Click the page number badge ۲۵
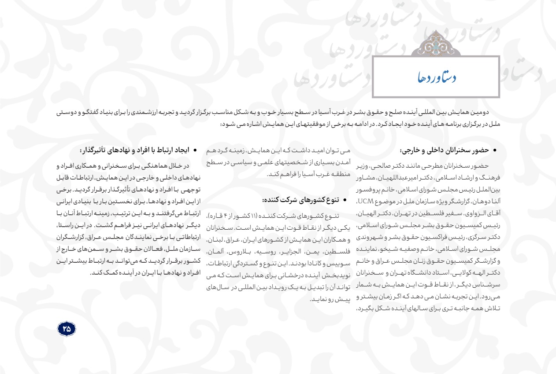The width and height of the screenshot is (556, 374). click(x=67, y=328)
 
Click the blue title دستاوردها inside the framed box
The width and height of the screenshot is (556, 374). click(x=437, y=78)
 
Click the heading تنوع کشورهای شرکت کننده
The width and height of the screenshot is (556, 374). click(x=301, y=200)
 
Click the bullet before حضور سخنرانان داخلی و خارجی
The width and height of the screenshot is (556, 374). click(x=494, y=150)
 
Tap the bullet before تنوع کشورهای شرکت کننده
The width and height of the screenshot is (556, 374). click(x=345, y=201)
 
